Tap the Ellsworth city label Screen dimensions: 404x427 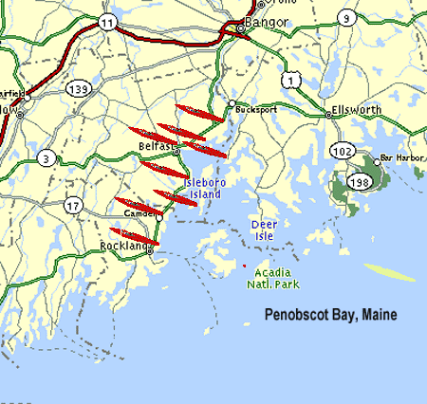tap(355, 109)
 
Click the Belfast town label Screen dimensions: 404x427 tap(155, 147)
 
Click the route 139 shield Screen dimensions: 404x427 tap(78, 88)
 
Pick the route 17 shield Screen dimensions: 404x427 tap(73, 205)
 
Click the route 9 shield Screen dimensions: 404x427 tap(347, 16)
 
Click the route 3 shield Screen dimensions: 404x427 tap(45, 157)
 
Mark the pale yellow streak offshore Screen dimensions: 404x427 tap(390, 272)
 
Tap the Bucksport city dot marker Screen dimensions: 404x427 tap(232, 103)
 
